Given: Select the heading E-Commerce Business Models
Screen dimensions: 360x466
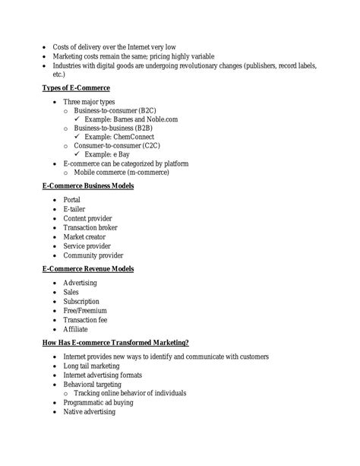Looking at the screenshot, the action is coord(87,185).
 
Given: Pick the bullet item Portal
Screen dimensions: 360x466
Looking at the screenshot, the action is coord(71,199).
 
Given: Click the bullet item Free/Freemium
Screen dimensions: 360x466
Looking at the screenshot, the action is coord(85,311).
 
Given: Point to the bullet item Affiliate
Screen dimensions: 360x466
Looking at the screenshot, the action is coord(75,329).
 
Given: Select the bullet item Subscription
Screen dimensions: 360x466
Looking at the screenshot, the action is coord(81,300).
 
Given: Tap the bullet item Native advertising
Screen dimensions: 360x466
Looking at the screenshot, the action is coord(89,411).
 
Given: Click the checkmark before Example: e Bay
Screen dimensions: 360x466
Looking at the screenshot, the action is coord(78,154).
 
